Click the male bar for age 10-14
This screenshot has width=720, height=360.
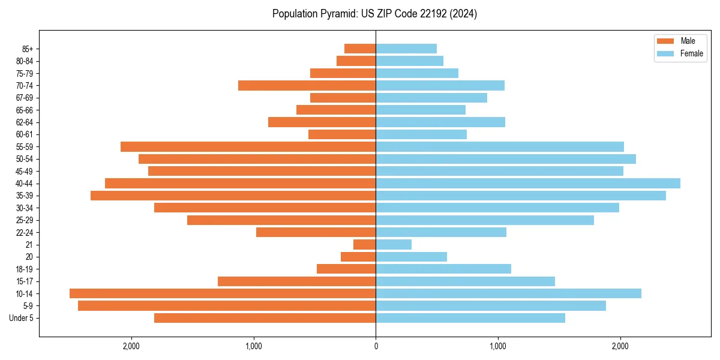point(222,293)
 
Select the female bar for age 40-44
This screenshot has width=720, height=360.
point(528,183)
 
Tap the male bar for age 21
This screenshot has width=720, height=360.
point(364,244)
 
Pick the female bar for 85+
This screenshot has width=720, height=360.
point(406,49)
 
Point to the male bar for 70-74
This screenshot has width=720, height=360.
point(307,85)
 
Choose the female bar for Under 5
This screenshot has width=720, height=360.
point(470,318)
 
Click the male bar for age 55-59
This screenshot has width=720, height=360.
point(248,146)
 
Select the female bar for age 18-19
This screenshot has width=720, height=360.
point(443,269)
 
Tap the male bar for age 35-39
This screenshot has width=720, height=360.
point(233,196)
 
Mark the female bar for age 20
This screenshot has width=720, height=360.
point(411,257)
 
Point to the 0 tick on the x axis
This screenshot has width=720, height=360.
point(376,346)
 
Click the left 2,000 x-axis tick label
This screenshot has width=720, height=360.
point(131,346)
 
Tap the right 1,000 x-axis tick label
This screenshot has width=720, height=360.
point(498,346)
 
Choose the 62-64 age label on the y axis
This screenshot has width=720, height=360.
point(25,122)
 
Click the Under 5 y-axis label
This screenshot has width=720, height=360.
point(22,318)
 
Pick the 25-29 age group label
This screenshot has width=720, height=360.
point(25,220)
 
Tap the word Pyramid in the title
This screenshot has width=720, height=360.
point(338,14)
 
